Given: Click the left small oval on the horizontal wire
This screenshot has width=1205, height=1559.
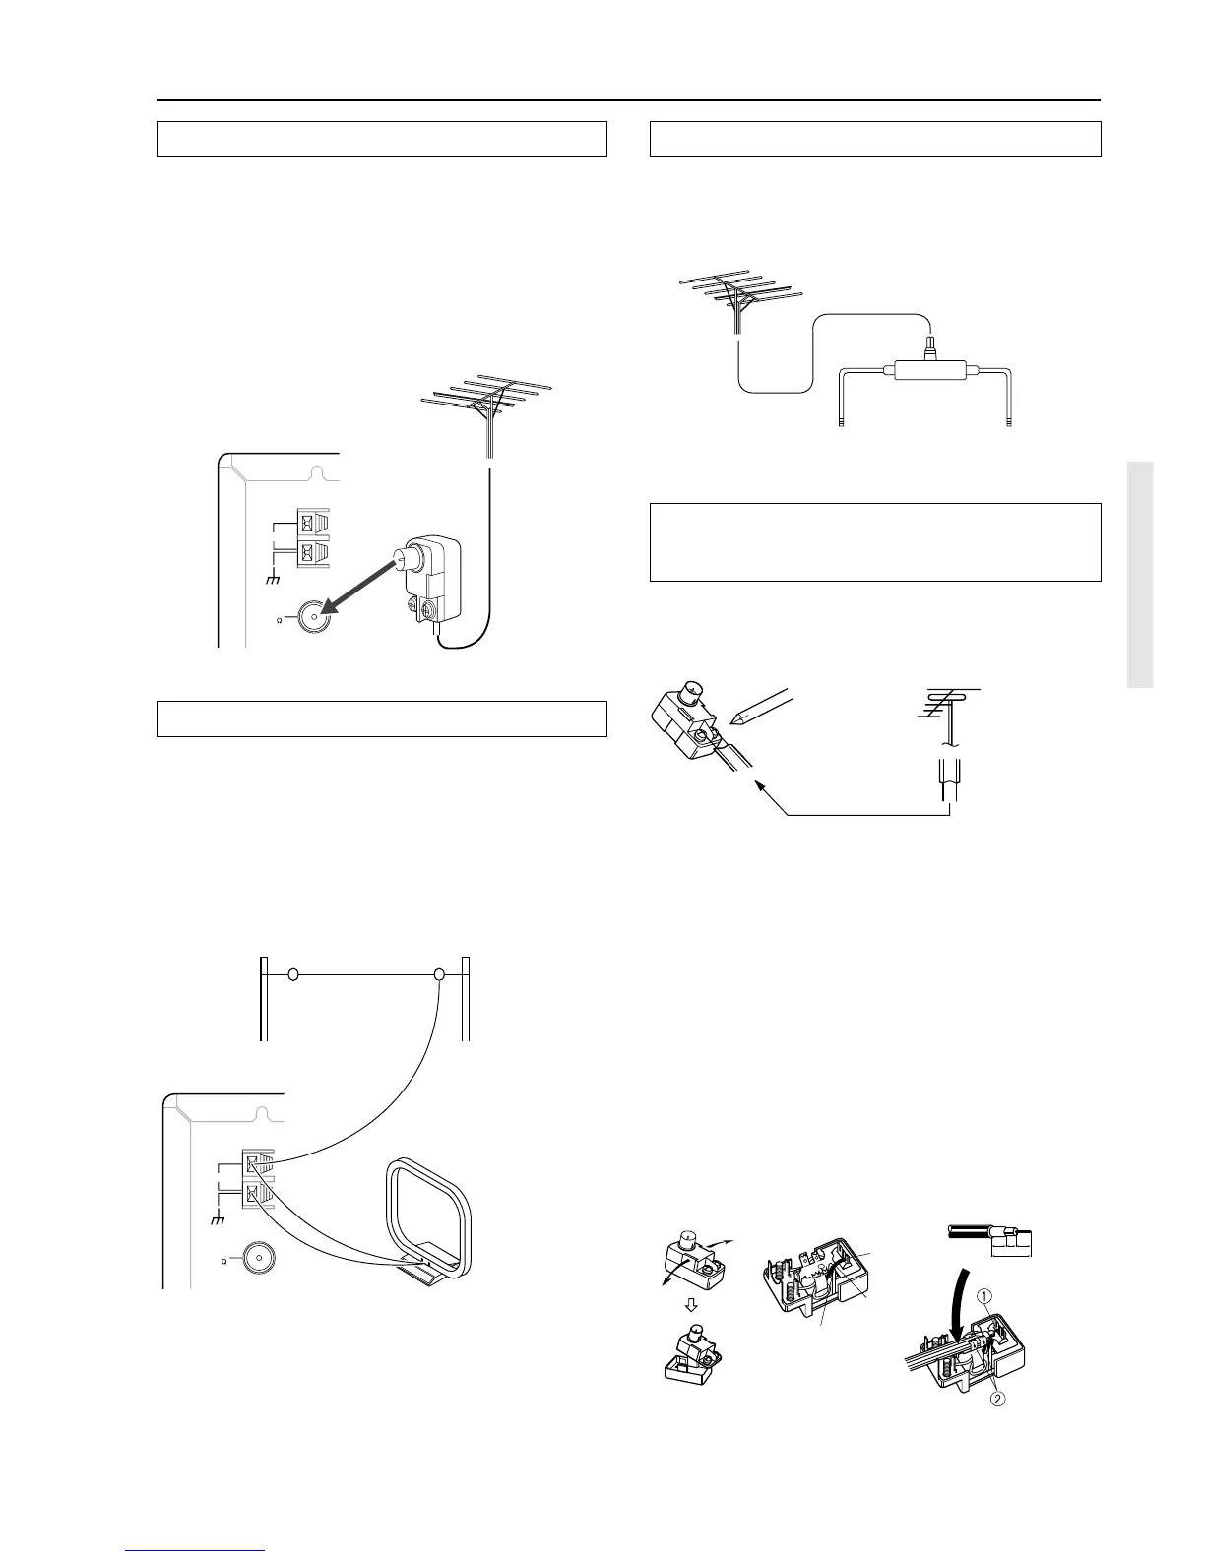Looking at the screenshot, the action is (x=292, y=974).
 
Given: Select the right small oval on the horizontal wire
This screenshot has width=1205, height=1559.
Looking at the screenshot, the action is (x=440, y=974).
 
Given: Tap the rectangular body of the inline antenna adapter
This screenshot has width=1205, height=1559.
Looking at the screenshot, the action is (x=925, y=372).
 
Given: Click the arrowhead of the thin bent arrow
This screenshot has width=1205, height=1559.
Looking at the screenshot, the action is (x=760, y=784).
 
